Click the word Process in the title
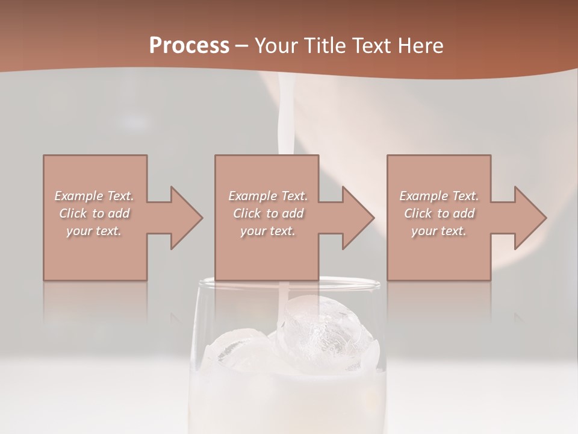[189, 45]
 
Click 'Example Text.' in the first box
[94, 196]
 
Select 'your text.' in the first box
[94, 231]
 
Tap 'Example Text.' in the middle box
[268, 196]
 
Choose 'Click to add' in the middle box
[268, 213]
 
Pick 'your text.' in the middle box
[268, 231]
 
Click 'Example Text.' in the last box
[439, 196]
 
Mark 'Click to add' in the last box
[439, 213]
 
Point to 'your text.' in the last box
[439, 231]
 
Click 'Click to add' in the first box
[94, 213]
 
